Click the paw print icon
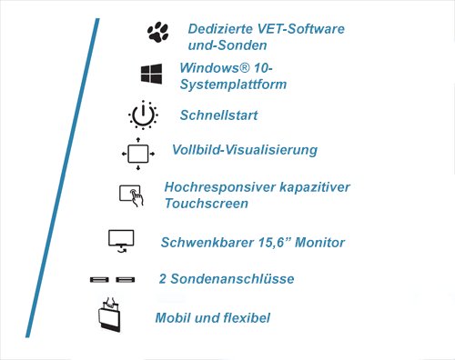(157, 33)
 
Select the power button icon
(143, 115)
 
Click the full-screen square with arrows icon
(137, 153)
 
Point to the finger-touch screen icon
(131, 194)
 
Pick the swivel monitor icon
(121, 240)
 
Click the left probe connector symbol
(99, 279)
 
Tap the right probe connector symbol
(125, 279)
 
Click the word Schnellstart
(219, 115)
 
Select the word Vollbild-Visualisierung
(244, 149)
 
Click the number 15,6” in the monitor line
(262, 242)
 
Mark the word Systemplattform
(233, 85)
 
